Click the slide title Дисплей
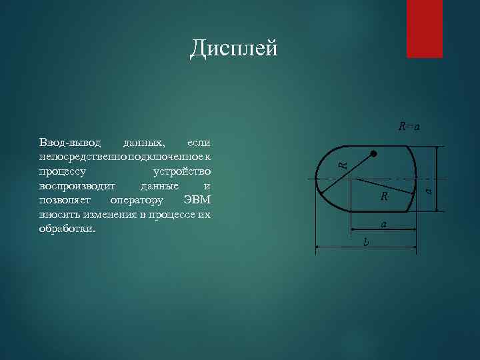click(x=233, y=48)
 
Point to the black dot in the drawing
click(x=374, y=154)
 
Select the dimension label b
click(x=365, y=241)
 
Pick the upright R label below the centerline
click(x=384, y=197)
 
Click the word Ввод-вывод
click(x=70, y=143)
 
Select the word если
click(x=199, y=143)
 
